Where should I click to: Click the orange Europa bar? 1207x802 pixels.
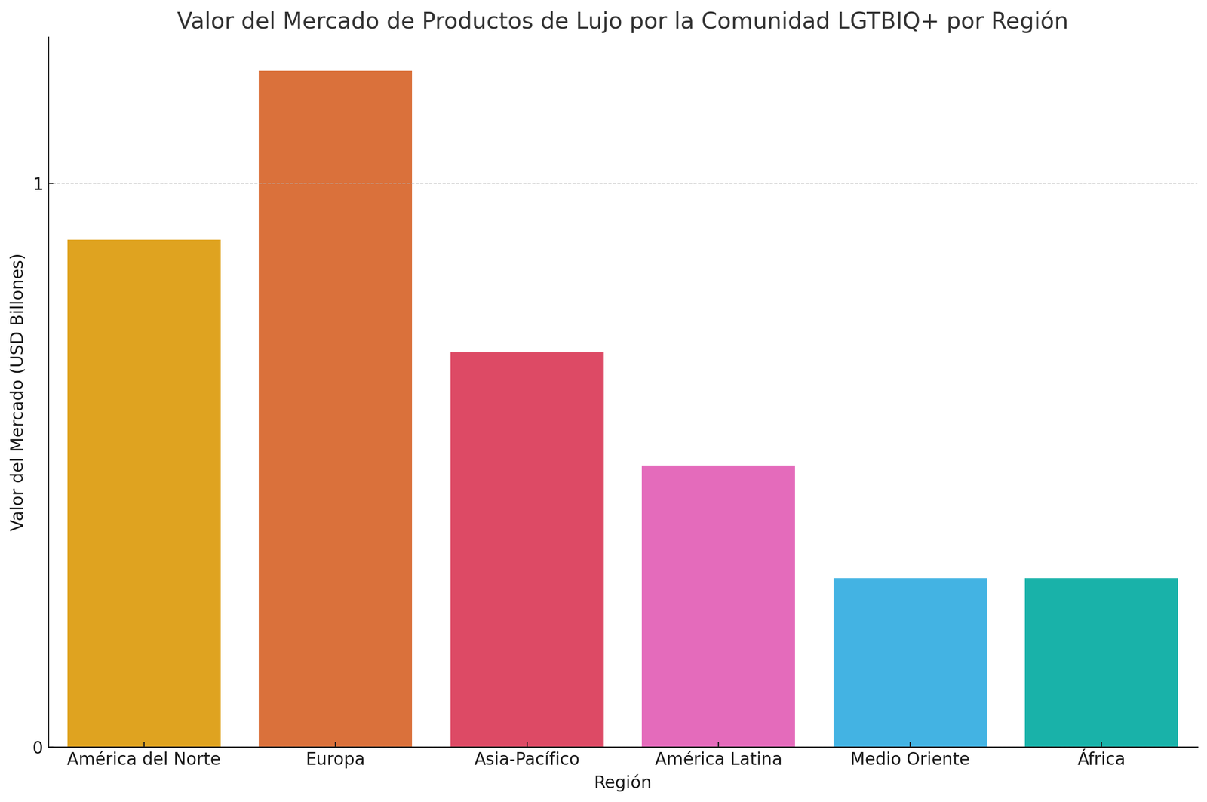coord(335,408)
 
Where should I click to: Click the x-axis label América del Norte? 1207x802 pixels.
coord(144,760)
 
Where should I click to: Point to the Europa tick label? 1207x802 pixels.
coord(335,760)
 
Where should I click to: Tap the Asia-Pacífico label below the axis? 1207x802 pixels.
coord(527,760)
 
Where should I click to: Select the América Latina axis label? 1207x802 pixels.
coord(718,760)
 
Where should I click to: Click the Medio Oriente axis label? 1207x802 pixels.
coord(910,760)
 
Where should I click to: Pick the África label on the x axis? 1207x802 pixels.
coord(1101,760)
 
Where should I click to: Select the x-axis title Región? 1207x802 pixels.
coord(622,783)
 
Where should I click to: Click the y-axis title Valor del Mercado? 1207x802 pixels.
coord(17,392)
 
